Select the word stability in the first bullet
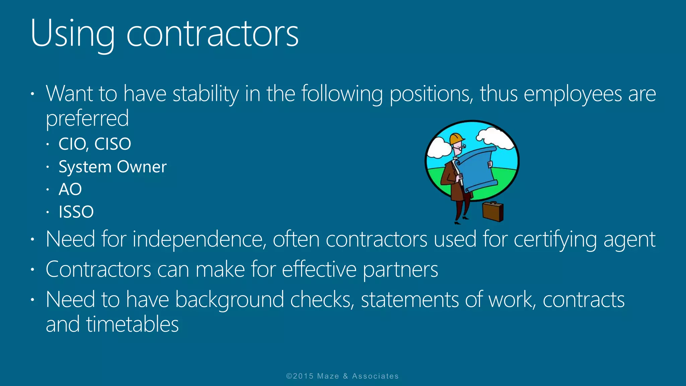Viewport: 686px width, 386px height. [x=205, y=93]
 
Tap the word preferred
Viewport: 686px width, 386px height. [x=87, y=118]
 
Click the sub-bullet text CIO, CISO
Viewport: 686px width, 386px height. [x=95, y=144]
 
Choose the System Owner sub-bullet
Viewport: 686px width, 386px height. [x=113, y=167]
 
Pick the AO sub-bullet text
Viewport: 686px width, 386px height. [x=70, y=189]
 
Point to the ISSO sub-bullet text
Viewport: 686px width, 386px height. [x=76, y=212]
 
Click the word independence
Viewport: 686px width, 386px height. [x=198, y=239]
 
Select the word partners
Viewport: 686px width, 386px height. [x=400, y=269]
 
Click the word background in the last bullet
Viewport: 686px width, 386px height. [x=230, y=300]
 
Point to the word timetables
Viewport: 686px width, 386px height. [x=132, y=324]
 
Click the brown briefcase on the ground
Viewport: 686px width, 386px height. [x=493, y=211]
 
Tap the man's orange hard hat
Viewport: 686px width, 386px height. [x=456, y=139]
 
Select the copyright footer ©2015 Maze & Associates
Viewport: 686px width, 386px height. [x=342, y=376]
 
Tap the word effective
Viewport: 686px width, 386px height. [x=319, y=269]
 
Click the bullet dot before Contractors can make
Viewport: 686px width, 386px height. [x=32, y=269]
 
